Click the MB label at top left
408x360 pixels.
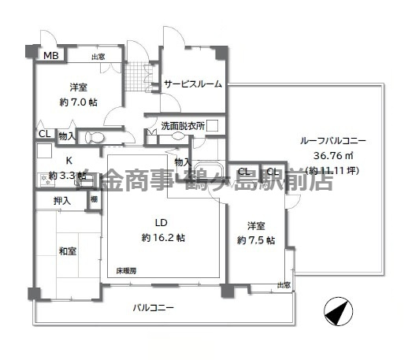50,55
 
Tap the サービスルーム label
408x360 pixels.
193,84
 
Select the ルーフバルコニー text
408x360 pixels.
333,141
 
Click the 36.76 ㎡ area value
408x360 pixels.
333,155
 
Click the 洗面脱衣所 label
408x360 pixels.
183,125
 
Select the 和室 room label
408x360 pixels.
67,251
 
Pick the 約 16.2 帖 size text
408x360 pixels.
164,237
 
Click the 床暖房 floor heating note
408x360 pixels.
125,271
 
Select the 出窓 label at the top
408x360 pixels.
98,56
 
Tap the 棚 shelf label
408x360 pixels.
94,200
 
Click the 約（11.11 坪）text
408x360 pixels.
333,169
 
